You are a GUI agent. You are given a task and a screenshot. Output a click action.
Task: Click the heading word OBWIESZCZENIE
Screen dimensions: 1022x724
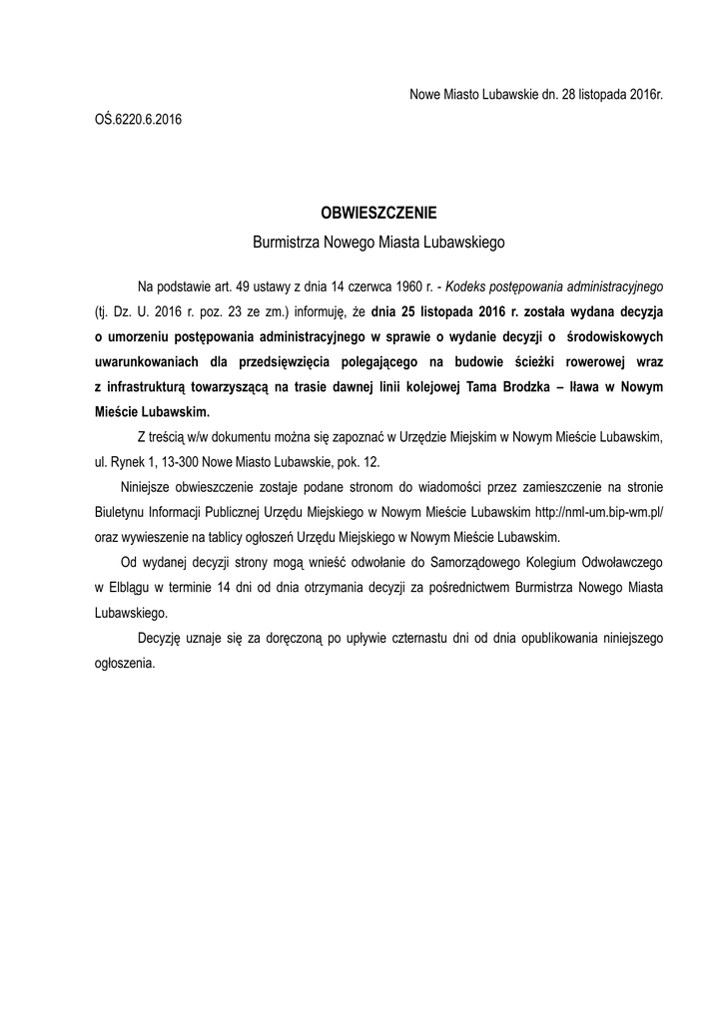click(378, 213)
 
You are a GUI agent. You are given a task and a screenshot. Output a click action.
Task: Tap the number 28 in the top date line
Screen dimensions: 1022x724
click(559, 94)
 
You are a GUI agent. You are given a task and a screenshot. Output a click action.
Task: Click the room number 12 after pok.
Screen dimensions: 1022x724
click(373, 462)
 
